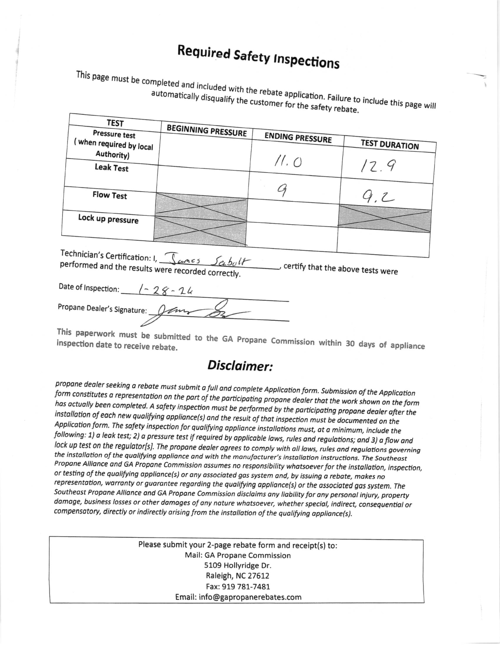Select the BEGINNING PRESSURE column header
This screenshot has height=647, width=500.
206,131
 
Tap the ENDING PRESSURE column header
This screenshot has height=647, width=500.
298,138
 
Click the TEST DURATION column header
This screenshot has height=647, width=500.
389,145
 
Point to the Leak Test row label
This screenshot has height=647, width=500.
111,168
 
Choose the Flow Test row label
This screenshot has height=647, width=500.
110,195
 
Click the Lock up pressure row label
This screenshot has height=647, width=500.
108,219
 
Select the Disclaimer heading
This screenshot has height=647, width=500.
240,366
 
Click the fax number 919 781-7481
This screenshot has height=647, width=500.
238,587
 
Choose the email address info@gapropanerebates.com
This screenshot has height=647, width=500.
238,597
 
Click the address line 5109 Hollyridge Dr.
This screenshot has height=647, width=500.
238,566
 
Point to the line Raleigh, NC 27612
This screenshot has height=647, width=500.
238,576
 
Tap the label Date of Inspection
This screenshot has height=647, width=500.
89,288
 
